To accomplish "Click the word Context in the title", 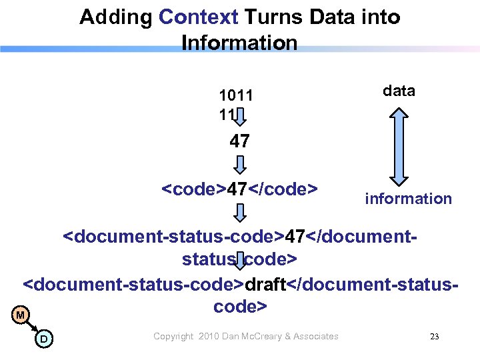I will (198, 17).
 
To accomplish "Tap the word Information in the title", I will (239, 43).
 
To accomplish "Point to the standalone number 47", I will (239, 141).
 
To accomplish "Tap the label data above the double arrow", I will (399, 91).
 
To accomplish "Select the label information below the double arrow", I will (408, 198).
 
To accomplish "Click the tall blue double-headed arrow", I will (399, 147).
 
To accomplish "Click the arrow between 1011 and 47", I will (241, 118).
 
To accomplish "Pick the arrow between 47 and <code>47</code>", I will (241, 164).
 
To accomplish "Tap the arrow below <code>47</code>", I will (241, 213).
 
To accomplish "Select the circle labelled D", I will (43, 339).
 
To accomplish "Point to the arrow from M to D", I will (32, 327).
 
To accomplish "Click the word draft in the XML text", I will (265, 283).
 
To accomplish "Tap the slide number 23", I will (434, 337).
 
